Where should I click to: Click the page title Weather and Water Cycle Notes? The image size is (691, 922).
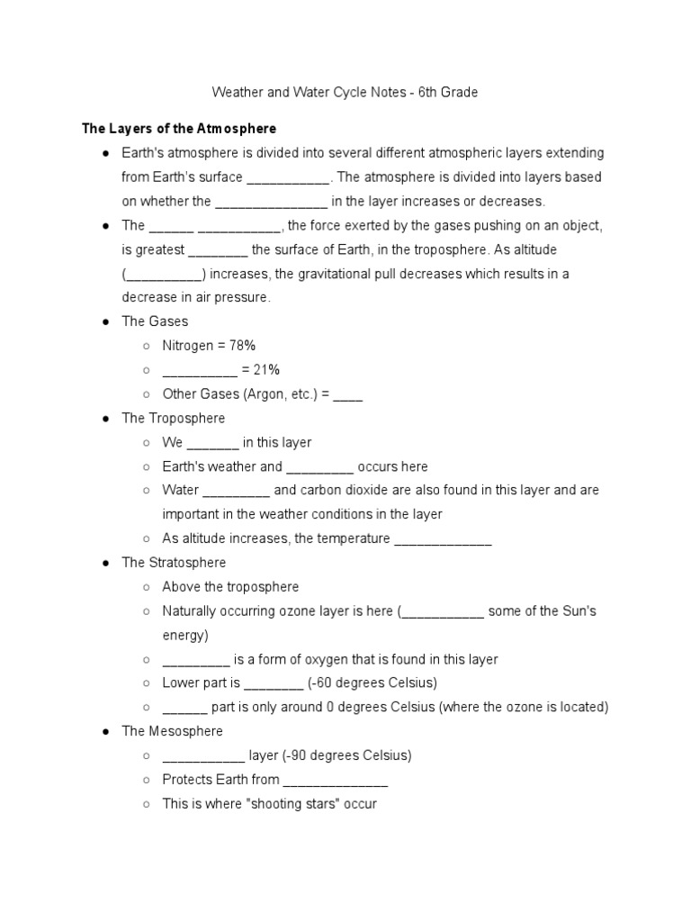[345, 92]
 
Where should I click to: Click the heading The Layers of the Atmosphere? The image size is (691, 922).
[179, 129]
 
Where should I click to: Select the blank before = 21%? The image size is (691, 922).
[199, 370]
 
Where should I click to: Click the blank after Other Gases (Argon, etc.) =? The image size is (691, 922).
[347, 394]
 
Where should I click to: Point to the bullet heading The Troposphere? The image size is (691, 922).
[173, 418]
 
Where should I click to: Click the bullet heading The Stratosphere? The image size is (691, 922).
[174, 563]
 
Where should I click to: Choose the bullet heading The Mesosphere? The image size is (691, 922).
[172, 731]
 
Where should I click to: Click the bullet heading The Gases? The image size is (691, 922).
[155, 321]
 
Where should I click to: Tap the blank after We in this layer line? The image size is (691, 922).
[212, 443]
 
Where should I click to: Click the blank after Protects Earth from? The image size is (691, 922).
[336, 780]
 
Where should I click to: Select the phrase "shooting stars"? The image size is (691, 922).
[307, 804]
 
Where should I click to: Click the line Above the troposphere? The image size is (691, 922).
[230, 587]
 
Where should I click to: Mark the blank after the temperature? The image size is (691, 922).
[443, 539]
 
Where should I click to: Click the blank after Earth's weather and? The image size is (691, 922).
[319, 467]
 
